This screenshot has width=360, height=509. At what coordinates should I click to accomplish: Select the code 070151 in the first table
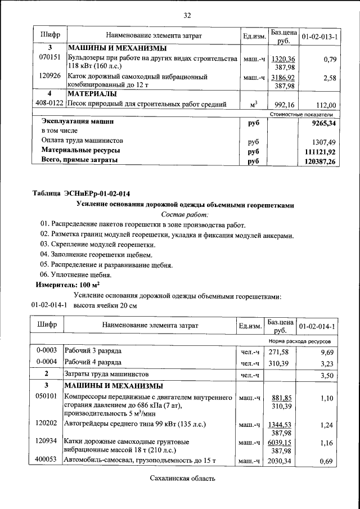tap(49, 58)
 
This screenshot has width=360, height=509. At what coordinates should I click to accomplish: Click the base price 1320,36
tap(283, 58)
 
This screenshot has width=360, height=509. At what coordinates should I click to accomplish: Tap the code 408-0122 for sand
tap(49, 103)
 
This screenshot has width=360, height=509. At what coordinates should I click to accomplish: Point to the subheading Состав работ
tap(184, 215)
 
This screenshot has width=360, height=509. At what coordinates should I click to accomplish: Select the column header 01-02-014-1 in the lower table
tap(317, 326)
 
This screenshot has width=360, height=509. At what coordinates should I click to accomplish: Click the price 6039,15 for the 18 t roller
tap(283, 443)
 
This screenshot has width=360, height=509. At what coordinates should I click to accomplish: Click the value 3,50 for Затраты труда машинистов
tap(327, 374)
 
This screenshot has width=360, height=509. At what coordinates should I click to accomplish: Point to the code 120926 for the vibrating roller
tap(49, 75)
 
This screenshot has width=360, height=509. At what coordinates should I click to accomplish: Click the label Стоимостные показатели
tap(304, 114)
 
